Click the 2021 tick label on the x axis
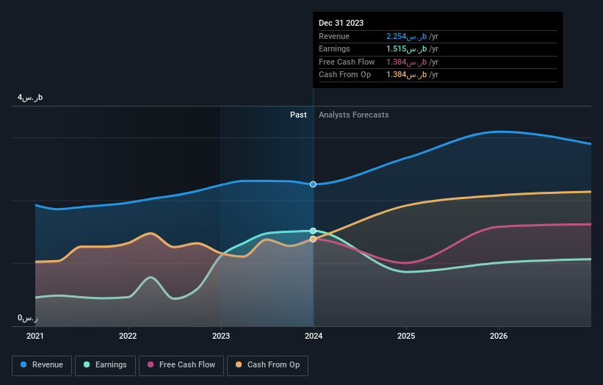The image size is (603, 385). click(35, 336)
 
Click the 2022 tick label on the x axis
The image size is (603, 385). click(128, 336)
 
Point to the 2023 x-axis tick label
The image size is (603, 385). click(220, 336)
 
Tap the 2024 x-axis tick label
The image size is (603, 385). click(314, 336)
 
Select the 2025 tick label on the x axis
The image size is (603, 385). click(406, 336)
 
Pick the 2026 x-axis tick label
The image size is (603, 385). click(499, 336)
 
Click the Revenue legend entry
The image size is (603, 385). click(42, 364)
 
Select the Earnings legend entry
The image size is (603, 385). click(106, 364)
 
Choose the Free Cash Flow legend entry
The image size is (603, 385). click(182, 364)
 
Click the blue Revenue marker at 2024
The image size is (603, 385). click(314, 184)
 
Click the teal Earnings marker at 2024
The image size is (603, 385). click(314, 231)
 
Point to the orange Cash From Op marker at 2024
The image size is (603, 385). click(314, 239)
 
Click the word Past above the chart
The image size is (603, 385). click(298, 115)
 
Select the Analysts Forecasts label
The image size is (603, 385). click(354, 115)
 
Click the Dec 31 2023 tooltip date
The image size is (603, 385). click(341, 24)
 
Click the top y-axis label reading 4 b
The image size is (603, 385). click(31, 97)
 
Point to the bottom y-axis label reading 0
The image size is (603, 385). click(28, 318)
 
